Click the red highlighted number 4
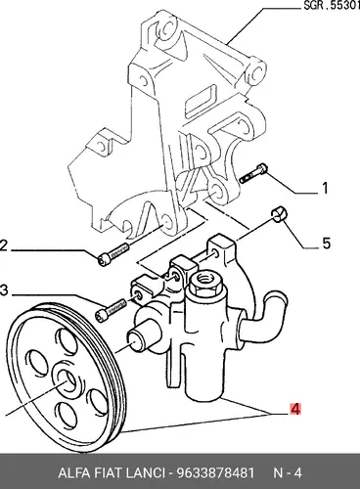point(295,409)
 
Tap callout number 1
point(325,188)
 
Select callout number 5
point(326,244)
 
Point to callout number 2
point(4,245)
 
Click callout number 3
point(4,290)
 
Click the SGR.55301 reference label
point(332,6)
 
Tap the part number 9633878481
point(215,472)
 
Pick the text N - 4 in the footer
point(288,472)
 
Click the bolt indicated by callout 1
point(253,173)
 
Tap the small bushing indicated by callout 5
point(278,214)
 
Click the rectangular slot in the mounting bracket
point(200,99)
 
